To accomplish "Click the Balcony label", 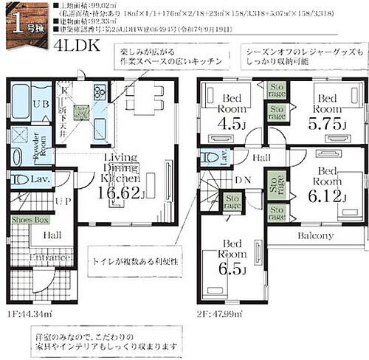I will click(316, 236).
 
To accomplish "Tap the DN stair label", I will click(243, 179).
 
